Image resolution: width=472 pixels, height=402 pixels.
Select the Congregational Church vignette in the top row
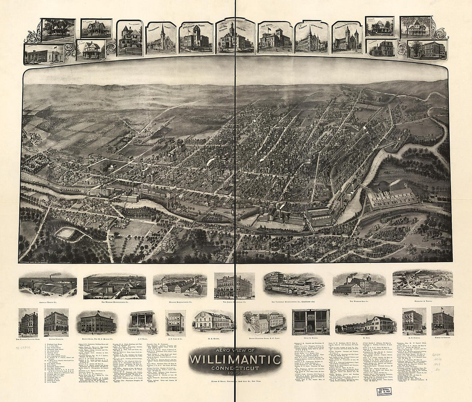point(161,39)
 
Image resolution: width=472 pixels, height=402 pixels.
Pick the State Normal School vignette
point(196,38)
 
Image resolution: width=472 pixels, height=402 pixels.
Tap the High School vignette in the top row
point(275,39)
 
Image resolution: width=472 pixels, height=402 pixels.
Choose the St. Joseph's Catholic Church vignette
point(311,39)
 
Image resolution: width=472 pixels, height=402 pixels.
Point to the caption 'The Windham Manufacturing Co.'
point(114,302)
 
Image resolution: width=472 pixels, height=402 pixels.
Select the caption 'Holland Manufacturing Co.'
point(180,301)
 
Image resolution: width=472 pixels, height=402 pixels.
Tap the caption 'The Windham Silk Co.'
point(359,301)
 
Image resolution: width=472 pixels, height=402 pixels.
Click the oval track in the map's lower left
point(65,233)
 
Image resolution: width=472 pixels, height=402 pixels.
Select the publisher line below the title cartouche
point(236,381)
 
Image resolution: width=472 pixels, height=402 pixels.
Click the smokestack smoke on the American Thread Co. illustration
point(55,275)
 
